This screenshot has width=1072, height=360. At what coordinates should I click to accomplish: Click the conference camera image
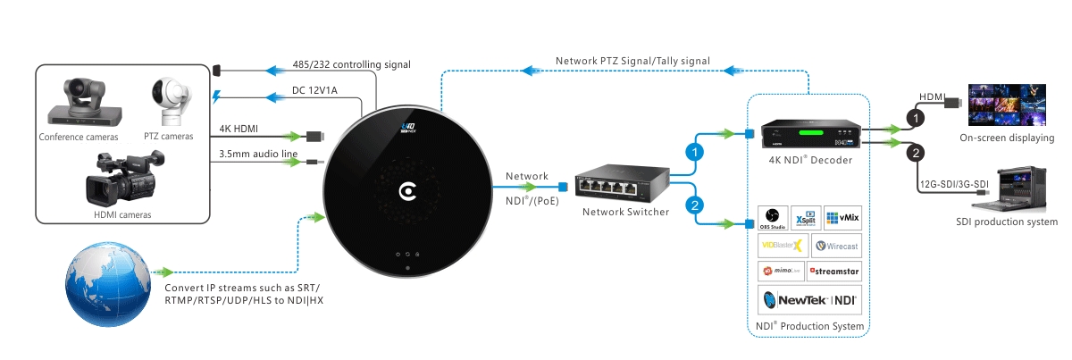(x=85, y=103)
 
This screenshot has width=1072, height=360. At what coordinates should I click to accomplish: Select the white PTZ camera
(x=172, y=102)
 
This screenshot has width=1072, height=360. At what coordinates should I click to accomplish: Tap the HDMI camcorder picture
(x=124, y=178)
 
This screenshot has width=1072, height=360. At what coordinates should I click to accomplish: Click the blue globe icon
(x=108, y=284)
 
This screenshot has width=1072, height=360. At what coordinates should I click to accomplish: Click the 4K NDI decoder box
(x=811, y=134)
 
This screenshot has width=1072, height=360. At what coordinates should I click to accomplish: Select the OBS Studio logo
(x=773, y=218)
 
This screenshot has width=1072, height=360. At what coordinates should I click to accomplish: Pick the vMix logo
(x=842, y=218)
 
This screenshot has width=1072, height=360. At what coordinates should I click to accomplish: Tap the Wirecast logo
(x=836, y=246)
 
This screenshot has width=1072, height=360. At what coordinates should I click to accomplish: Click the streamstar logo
(x=834, y=272)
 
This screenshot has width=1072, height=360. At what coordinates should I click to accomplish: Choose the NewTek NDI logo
(x=809, y=300)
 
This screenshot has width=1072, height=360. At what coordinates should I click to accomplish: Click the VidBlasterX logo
(x=783, y=246)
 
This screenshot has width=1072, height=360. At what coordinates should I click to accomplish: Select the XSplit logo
(x=806, y=218)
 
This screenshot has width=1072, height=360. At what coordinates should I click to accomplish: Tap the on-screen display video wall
(x=1007, y=105)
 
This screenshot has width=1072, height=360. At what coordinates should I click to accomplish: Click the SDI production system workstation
(x=1009, y=189)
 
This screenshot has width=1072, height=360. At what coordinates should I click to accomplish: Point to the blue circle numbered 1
(x=694, y=153)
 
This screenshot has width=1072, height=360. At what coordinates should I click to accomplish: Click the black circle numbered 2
(x=916, y=153)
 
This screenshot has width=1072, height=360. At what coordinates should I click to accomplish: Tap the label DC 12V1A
(x=314, y=90)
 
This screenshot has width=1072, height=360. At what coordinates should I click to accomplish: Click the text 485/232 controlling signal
(x=352, y=64)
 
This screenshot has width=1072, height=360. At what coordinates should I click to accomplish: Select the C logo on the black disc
(x=407, y=191)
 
